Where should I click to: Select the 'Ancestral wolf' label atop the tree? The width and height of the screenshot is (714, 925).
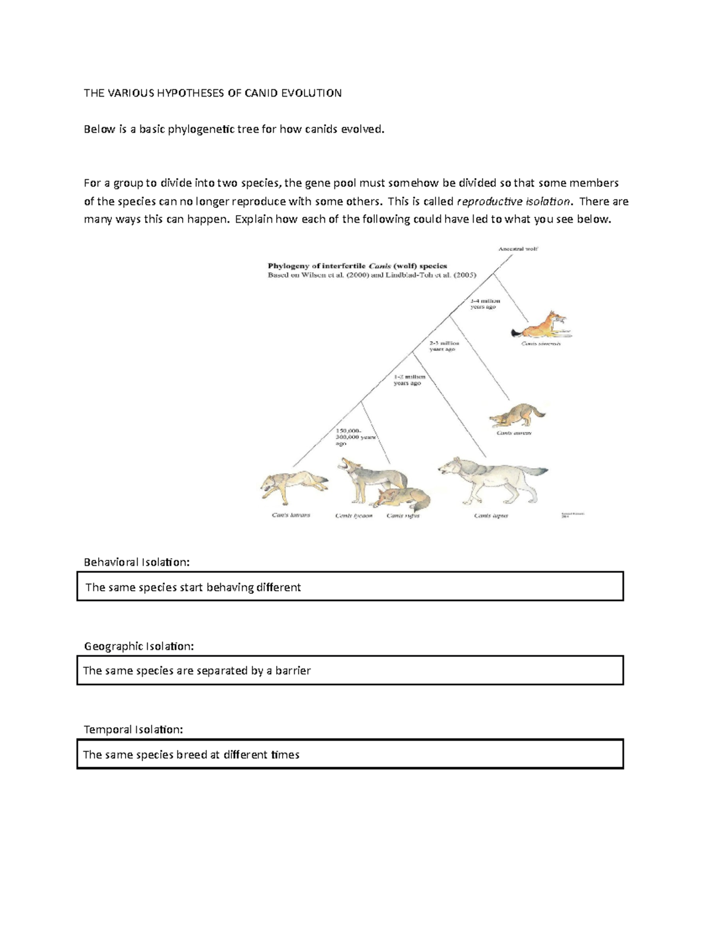(518, 249)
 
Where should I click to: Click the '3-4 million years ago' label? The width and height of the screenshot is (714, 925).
(485, 304)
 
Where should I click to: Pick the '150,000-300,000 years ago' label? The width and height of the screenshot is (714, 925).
(356, 437)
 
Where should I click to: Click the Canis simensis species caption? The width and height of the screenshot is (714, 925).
(541, 344)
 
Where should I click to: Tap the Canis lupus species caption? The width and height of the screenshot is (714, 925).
(491, 516)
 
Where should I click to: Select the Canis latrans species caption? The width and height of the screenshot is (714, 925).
(291, 515)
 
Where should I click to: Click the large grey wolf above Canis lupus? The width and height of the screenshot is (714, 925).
(490, 479)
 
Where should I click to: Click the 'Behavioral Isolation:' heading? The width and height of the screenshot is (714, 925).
(137, 562)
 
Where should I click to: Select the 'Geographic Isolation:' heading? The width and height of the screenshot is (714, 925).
(139, 646)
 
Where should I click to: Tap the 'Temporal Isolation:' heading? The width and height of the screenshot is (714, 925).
(133, 730)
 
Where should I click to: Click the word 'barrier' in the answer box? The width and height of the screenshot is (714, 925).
(293, 671)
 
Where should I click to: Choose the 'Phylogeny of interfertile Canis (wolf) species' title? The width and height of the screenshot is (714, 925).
(357, 266)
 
